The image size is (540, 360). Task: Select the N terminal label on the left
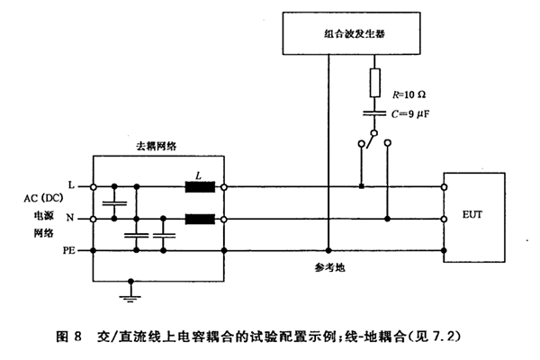click(71, 219)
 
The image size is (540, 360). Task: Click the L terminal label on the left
click(71, 186)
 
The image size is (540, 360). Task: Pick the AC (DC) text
click(35, 202)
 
